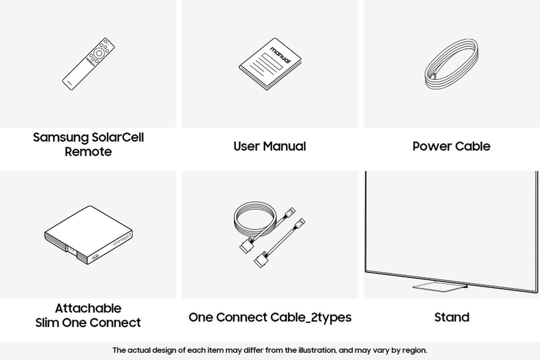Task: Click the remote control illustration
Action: (x=88, y=64)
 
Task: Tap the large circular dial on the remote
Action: (x=99, y=53)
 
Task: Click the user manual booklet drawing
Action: (x=270, y=64)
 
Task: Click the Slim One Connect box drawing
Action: (x=88, y=235)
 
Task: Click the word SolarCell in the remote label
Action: (x=117, y=137)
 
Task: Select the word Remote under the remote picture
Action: (x=88, y=152)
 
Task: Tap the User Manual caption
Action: (x=270, y=146)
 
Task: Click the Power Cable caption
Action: (x=451, y=146)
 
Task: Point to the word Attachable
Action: (x=88, y=308)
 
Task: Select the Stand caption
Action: (x=452, y=317)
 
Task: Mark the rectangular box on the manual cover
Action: (x=272, y=62)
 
